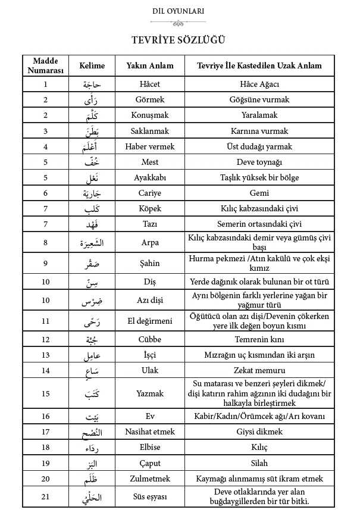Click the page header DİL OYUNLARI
[x=178, y=11]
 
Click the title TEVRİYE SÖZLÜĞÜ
[x=178, y=40]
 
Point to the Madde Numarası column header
[x=45, y=65]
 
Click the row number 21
[x=45, y=496]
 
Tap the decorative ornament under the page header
[x=178, y=23]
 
